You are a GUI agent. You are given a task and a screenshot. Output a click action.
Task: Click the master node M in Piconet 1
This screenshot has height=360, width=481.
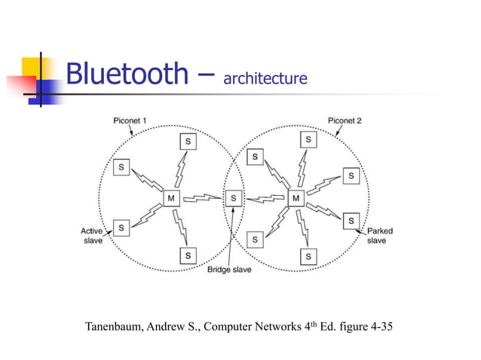pos(170,199)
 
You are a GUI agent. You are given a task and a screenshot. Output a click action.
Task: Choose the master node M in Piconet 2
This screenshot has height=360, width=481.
pos(296,199)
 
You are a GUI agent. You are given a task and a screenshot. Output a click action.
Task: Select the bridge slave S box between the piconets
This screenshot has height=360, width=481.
pos(234,199)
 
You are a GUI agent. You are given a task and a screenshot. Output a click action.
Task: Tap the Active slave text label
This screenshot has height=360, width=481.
pos(92,236)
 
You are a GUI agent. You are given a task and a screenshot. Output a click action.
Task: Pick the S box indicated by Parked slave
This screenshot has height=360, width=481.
pos(350,221)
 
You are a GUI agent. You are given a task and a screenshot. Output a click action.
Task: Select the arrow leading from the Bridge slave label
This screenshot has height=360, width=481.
pos(233,237)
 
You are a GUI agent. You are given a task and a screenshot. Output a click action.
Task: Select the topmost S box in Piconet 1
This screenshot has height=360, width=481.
pos(188,141)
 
